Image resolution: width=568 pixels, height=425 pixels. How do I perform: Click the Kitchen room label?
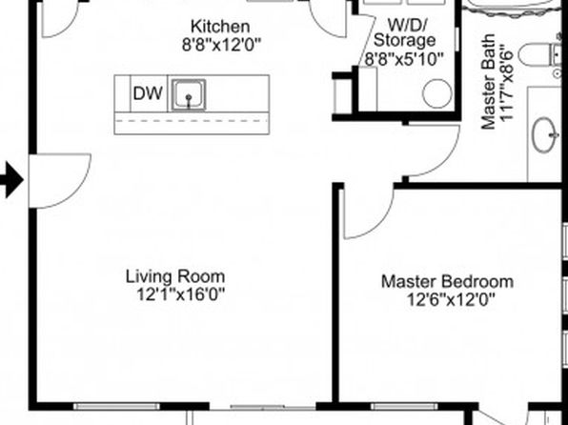[220, 27]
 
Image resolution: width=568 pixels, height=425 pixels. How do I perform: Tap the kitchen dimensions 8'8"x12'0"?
[221, 46]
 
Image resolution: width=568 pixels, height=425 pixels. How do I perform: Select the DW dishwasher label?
[148, 93]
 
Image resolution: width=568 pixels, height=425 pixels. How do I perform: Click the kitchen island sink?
[189, 94]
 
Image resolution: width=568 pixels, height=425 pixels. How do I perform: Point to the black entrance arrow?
[10, 180]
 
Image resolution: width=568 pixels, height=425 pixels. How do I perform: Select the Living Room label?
[175, 277]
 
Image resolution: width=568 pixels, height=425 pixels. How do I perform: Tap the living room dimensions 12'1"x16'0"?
[180, 294]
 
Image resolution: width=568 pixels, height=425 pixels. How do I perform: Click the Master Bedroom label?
[447, 281]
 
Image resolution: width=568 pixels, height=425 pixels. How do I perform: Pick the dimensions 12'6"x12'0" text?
[451, 299]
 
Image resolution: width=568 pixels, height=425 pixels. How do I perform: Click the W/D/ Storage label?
[405, 32]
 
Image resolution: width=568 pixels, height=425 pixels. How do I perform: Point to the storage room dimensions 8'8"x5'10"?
[403, 59]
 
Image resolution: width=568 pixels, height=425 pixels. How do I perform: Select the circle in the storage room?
[437, 93]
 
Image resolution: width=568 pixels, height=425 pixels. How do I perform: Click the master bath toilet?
[539, 54]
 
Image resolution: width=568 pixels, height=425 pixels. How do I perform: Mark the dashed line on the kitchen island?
[192, 121]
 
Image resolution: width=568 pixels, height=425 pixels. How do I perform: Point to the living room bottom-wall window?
[116, 407]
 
